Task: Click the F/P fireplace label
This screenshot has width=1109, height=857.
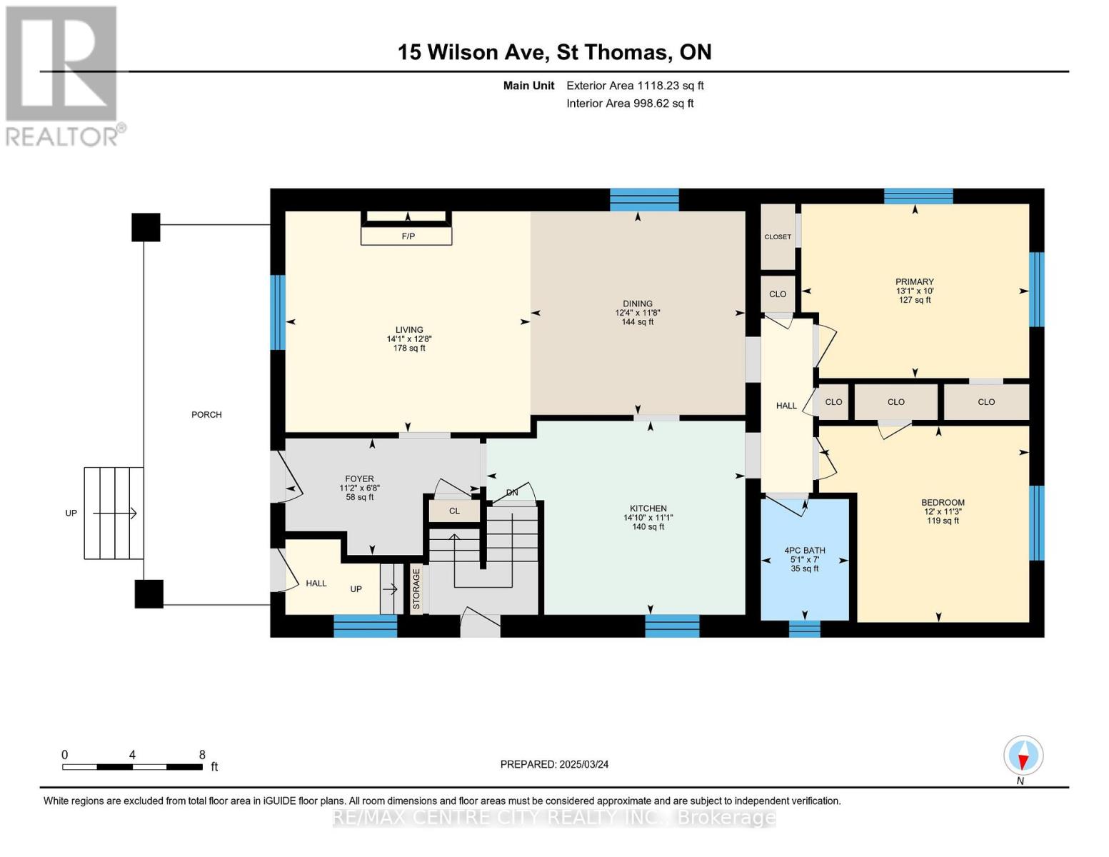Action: point(408,236)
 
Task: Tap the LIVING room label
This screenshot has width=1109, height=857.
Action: point(409,330)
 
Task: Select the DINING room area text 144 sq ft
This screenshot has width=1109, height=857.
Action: point(637,322)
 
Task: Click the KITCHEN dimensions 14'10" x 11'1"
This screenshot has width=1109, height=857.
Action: point(648,518)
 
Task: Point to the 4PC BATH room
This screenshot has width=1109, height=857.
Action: point(805,559)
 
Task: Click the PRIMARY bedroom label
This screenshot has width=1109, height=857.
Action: point(914,281)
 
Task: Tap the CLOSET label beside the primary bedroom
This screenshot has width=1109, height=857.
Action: point(778,236)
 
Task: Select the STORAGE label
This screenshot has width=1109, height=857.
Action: point(416,589)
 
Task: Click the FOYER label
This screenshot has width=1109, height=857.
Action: point(359,479)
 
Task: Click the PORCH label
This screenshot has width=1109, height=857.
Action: point(206,414)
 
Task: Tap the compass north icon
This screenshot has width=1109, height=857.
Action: point(1023,755)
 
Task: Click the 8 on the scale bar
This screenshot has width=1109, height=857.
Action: point(202,755)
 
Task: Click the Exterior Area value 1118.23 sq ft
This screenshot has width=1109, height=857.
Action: point(670,86)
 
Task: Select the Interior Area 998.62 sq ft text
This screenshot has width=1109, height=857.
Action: point(630,104)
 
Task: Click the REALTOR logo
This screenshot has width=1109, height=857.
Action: point(63,75)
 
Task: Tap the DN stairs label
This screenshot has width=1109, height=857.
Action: point(512,493)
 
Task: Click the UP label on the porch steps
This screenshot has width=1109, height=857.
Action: point(71,513)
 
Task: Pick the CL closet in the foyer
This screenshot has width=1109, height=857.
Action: point(454,511)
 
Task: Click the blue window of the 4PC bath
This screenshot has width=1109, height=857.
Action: point(804,628)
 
